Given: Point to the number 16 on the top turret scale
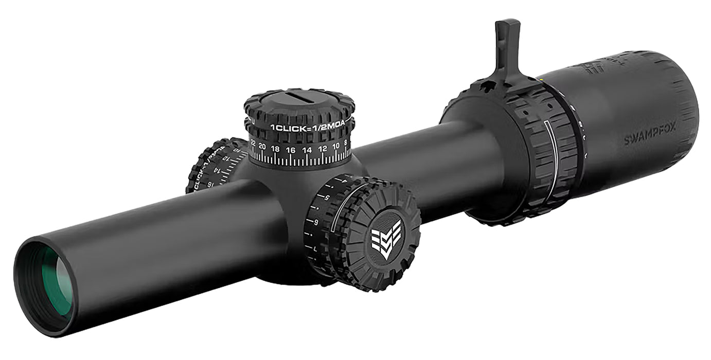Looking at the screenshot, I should point(291,150).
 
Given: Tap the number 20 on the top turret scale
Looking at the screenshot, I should point(262,147).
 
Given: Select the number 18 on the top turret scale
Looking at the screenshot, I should point(276,149).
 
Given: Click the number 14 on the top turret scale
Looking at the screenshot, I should point(307,150).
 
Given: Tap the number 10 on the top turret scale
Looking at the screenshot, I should point(335,146).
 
